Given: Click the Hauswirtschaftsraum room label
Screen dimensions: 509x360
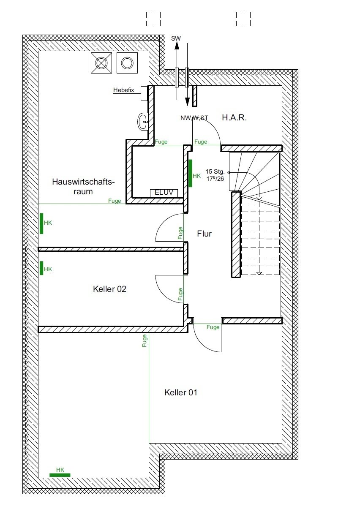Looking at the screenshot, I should coord(83,186).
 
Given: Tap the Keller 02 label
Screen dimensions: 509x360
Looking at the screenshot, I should coord(109,289).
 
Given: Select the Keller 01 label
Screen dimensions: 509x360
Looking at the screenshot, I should coord(180,393).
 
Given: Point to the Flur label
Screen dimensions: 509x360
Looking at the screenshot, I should coord(204,234).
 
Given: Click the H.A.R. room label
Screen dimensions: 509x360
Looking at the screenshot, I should coord(234,117).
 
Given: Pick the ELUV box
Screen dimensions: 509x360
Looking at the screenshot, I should coord(164,193).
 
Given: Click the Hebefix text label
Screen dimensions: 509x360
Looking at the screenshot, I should coord(123,90).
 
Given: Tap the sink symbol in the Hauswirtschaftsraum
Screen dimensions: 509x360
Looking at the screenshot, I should coord(143,122).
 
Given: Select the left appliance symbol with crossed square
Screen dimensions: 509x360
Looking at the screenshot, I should coord(101,63).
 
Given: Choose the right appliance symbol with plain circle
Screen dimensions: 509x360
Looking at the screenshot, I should coord(127,63).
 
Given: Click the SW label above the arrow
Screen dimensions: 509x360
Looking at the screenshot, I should coord(176,38).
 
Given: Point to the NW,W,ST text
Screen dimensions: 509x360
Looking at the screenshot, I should coord(194,118).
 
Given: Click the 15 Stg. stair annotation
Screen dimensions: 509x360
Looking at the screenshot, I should coord(215,171).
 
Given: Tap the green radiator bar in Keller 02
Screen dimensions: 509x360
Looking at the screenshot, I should coord(41,268).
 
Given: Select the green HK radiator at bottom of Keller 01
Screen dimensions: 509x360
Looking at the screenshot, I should coord(60,475).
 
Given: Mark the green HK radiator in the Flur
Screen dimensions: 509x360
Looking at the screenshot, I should coord(191,173).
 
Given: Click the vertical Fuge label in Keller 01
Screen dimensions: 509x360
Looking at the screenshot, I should coord(145,340).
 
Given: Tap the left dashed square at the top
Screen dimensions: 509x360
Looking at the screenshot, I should coord(153,19).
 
